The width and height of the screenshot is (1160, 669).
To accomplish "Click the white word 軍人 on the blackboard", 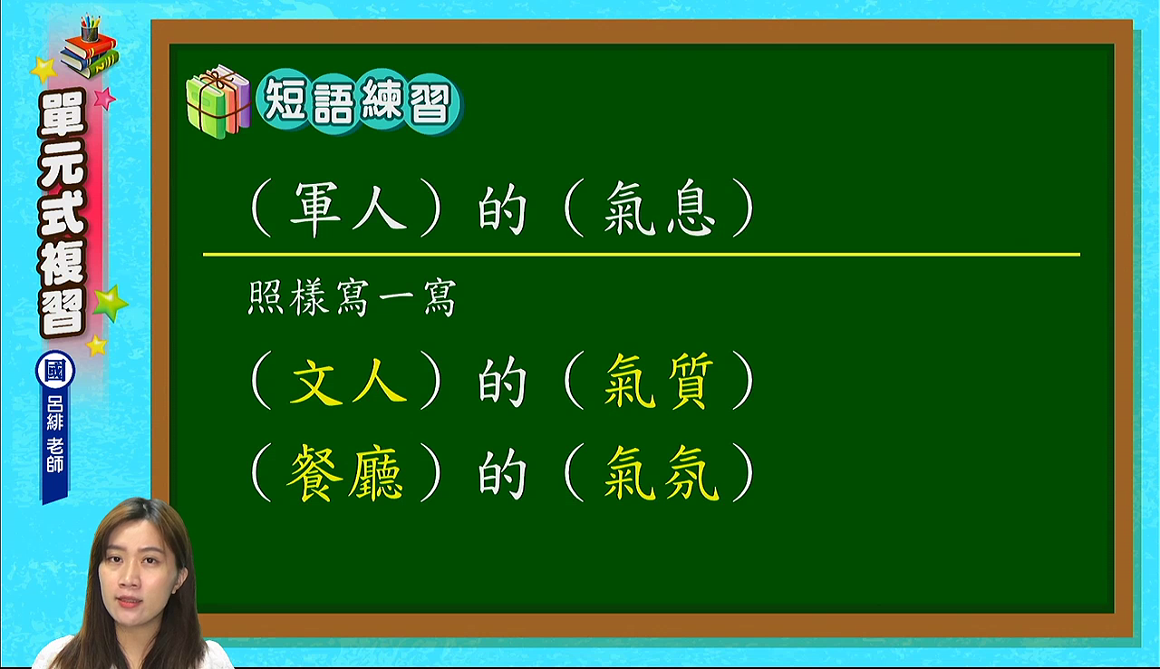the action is tap(349, 208).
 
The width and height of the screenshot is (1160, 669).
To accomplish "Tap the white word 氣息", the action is tap(660, 208).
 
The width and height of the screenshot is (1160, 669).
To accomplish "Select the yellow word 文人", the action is tap(349, 381).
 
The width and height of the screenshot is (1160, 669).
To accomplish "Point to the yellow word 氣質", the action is tap(659, 381).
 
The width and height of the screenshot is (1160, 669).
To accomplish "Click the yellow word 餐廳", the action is tap(345, 473).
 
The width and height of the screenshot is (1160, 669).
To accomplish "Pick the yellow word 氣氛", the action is tap(662, 473).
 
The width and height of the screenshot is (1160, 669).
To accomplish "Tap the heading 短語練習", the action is tap(357, 102).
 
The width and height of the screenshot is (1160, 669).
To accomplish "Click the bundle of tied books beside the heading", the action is tap(218, 102).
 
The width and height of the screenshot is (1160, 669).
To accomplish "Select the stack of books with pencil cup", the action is tap(90, 46).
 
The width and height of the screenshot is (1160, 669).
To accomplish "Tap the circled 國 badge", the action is tap(55, 371).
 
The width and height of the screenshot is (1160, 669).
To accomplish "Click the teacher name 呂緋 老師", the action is tap(55, 435).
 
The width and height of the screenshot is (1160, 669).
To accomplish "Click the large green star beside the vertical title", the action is tap(110, 304).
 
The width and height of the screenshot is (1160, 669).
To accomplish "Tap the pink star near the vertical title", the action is tap(104, 98).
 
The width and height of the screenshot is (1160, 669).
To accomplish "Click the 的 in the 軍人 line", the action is tap(501, 208).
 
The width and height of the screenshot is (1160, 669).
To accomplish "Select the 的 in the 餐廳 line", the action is tap(501, 473).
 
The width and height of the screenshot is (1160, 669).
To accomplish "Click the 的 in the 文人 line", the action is tap(501, 381).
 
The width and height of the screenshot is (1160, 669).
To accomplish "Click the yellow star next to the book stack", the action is tap(43, 70).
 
